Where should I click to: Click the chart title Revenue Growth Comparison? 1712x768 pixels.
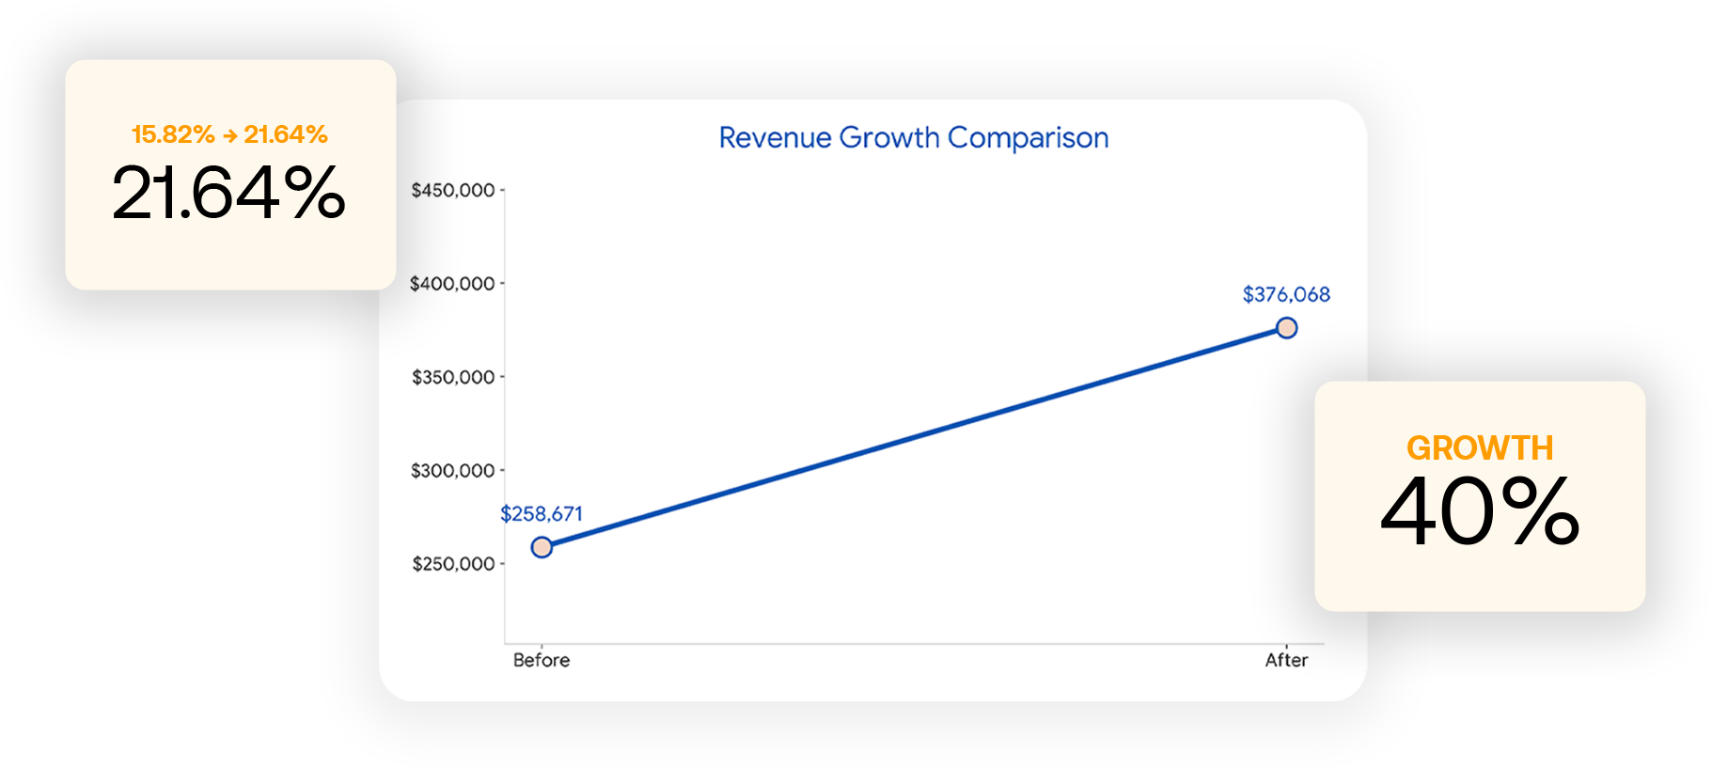click(913, 138)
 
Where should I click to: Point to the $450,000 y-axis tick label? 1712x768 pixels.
click(453, 190)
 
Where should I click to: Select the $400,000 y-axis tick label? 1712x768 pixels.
click(452, 283)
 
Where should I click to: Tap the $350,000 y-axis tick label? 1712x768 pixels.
click(453, 377)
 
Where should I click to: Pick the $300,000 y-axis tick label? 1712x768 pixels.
click(452, 470)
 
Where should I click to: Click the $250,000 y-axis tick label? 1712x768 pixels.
click(453, 564)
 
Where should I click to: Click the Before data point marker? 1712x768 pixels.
click(542, 547)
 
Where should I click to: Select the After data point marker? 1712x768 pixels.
click(1286, 328)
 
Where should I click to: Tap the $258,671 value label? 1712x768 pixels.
click(542, 513)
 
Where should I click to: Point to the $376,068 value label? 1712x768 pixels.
click(1286, 294)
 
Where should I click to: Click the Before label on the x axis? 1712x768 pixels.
click(542, 660)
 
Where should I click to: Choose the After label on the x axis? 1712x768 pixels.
click(1286, 660)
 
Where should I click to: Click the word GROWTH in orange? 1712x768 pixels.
click(1480, 448)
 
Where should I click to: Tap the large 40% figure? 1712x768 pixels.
click(1480, 511)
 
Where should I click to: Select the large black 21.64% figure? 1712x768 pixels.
click(228, 194)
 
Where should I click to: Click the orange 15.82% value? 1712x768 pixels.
click(173, 134)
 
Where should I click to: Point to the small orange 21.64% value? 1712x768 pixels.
click(286, 134)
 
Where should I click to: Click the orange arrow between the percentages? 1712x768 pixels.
click(230, 135)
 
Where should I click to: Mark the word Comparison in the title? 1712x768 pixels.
click(1028, 138)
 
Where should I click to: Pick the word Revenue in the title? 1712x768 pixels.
click(775, 138)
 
